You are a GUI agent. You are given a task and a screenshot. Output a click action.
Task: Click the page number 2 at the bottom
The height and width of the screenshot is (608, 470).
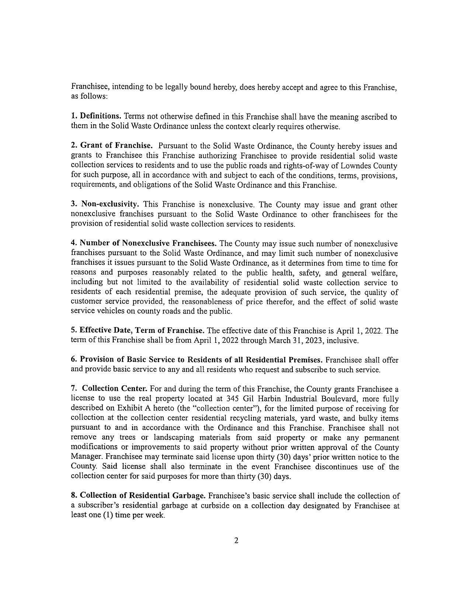coord(236,541)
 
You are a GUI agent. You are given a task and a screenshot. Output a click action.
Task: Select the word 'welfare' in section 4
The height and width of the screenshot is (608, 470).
coord(385,273)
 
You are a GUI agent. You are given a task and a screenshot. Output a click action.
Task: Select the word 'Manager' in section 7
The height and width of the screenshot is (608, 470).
coord(86,457)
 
